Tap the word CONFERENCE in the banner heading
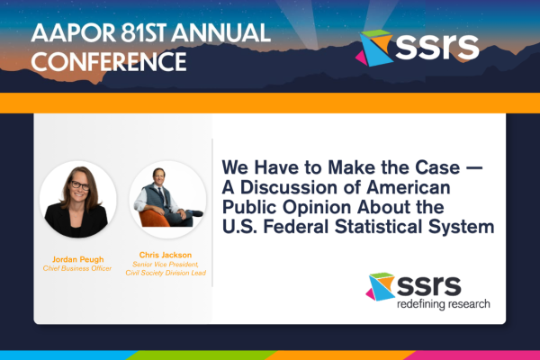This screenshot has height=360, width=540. click(109, 62)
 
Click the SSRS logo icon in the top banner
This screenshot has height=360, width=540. click(374, 48)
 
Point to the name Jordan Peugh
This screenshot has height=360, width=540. click(77, 259)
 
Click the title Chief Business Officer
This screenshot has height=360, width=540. click(77, 268)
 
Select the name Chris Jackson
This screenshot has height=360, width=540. click(166, 255)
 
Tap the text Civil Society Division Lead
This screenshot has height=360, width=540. click(166, 273)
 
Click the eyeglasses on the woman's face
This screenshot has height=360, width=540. click(80, 185)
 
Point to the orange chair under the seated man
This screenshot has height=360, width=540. click(153, 219)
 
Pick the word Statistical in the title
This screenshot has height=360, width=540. click(378, 227)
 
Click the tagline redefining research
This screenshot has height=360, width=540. click(444, 304)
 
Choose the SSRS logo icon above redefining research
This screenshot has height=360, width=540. click(381, 286)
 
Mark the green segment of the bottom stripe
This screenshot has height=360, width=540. click(202, 355)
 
